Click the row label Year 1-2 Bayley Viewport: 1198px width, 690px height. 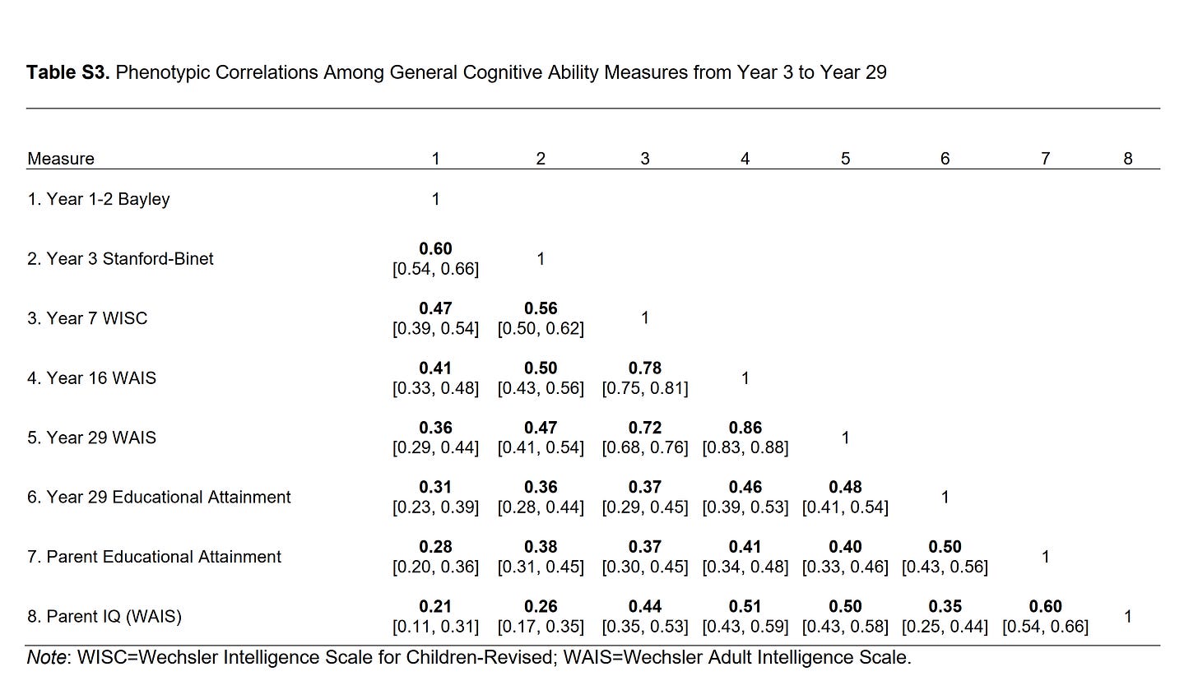98,199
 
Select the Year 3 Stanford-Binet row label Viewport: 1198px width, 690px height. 120,259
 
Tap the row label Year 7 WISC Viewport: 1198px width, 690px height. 87,318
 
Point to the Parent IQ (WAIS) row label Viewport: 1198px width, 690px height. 104,616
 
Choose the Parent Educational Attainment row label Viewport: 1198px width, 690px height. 154,557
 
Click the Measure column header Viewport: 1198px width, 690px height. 61,159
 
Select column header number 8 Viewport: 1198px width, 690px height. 1127,159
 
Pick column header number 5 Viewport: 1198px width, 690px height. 845,159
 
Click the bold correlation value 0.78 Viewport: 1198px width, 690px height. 644,368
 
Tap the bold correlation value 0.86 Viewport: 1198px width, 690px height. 745,428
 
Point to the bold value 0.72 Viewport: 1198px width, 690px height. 644,428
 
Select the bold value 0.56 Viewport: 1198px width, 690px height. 540,308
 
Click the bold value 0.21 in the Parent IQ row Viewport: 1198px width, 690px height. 435,606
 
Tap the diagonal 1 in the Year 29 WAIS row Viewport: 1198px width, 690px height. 845,438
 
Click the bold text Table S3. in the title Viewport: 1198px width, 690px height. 68,72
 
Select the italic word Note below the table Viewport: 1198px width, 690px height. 46,658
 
